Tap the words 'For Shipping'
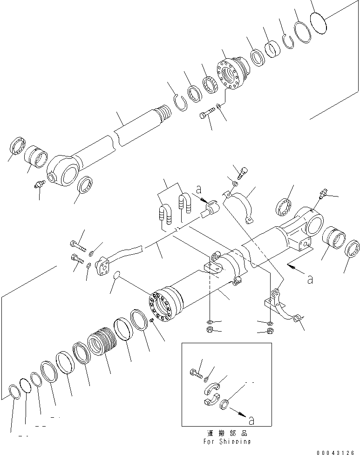coord(227,441)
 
